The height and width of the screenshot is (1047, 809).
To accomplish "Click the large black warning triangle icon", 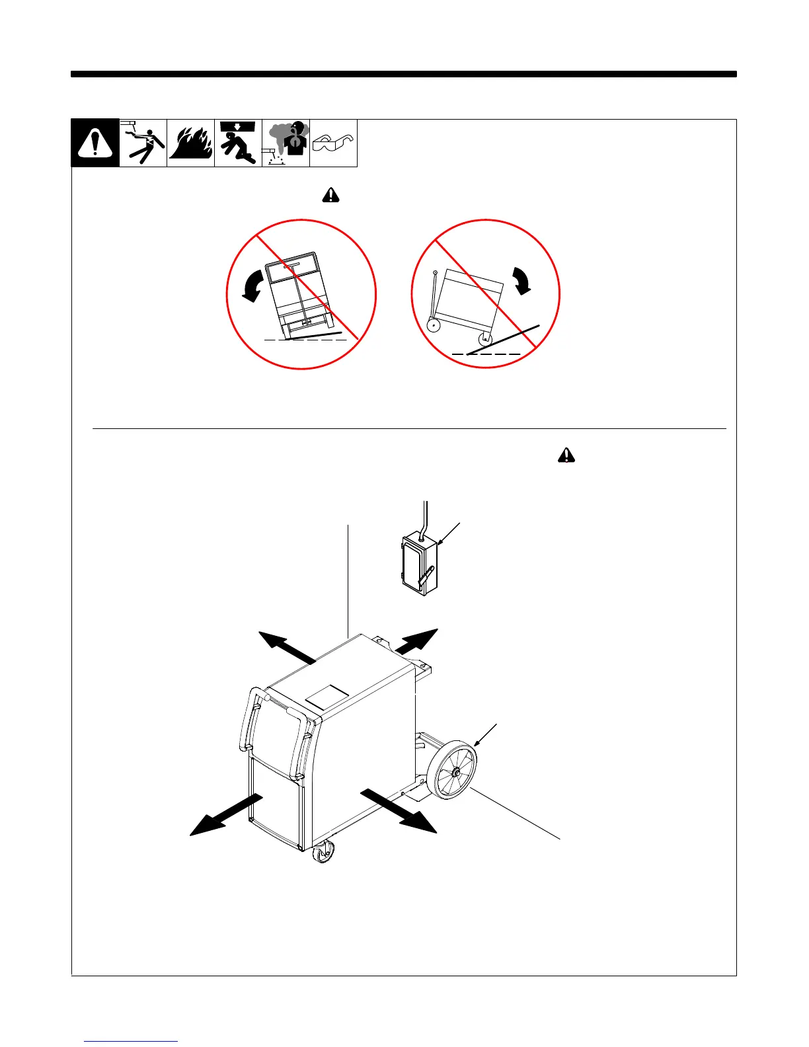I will pyautogui.click(x=95, y=143).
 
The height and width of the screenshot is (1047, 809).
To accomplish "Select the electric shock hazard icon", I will pyautogui.click(x=143, y=143).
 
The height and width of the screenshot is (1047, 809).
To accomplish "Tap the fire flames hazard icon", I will pyautogui.click(x=191, y=143).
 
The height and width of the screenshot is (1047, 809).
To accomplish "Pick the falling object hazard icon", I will pyautogui.click(x=238, y=143).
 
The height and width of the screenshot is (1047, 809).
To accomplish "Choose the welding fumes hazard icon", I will pyautogui.click(x=286, y=143).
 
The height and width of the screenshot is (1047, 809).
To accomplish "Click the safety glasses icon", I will pyautogui.click(x=333, y=143).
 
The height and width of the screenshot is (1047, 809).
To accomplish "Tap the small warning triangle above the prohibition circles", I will pyautogui.click(x=330, y=195).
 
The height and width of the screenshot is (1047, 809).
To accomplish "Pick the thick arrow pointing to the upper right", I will pyautogui.click(x=416, y=642).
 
